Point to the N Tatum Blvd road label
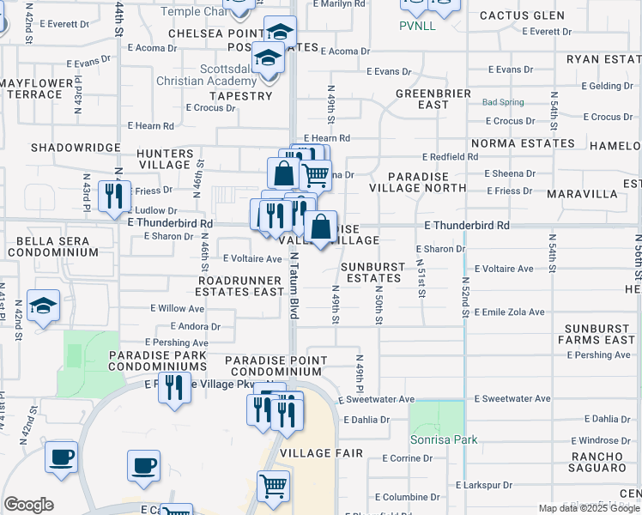tap(294, 287)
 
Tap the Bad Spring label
tap(503, 102)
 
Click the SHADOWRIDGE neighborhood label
tap(76, 148)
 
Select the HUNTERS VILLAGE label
tap(165, 159)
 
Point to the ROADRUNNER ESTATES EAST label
tap(240, 286)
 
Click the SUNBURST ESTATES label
tap(374, 272)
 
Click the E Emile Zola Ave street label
tap(515, 312)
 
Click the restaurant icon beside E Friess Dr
tap(113, 197)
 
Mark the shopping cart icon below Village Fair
tap(273, 487)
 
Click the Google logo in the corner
tap(28, 505)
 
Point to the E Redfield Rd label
tap(451, 157)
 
